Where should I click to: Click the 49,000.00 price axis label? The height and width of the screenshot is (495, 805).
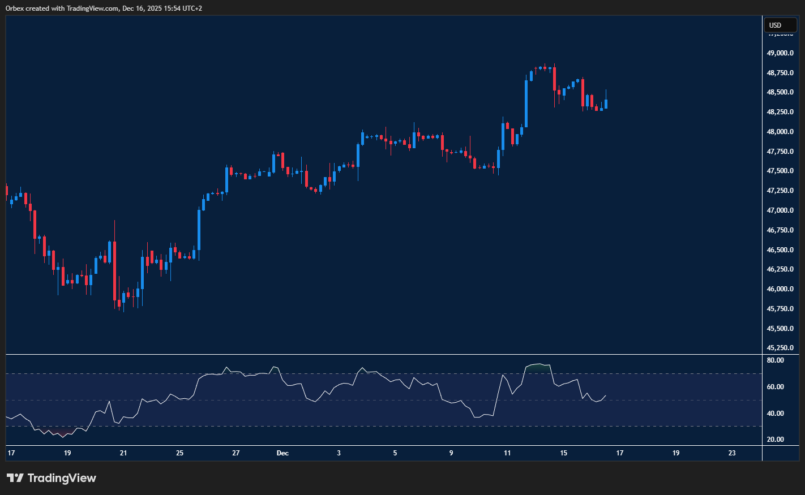pos(780,53)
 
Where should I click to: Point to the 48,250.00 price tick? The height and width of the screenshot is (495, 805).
pos(780,112)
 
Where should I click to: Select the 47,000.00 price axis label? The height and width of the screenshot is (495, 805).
pos(780,210)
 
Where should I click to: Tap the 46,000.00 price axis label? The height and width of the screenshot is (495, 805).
pos(780,289)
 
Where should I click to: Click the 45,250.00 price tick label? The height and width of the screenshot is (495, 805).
pos(780,348)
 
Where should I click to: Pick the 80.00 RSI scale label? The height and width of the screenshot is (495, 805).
pos(775,360)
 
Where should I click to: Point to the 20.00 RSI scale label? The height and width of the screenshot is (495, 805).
pos(775,440)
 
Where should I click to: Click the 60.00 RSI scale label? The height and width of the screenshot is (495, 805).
pos(775,387)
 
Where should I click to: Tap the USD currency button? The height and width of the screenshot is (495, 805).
pos(780,25)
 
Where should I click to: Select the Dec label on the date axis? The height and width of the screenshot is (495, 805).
pos(282,453)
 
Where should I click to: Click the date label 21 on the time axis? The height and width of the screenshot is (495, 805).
pos(123,453)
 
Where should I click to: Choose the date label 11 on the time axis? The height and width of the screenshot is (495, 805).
pos(507,453)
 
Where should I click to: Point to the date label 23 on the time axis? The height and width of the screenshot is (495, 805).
pos(732,453)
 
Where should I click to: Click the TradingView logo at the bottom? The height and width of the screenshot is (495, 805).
pos(51,478)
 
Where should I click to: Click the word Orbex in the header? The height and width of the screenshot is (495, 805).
pos(15,8)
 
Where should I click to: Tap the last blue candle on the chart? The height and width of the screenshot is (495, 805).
pos(606,104)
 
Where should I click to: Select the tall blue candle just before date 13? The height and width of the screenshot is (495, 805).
pos(526,104)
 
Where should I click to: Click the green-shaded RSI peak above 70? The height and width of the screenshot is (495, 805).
pos(538,365)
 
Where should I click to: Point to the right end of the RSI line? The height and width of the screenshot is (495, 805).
pos(606,396)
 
